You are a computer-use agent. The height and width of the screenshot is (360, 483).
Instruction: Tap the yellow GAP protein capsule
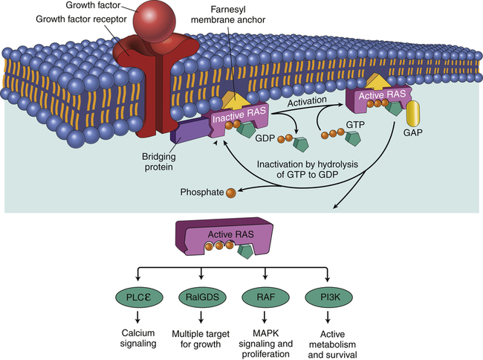click(x=415, y=115)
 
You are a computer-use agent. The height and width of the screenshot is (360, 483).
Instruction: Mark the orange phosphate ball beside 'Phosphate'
click(x=231, y=193)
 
